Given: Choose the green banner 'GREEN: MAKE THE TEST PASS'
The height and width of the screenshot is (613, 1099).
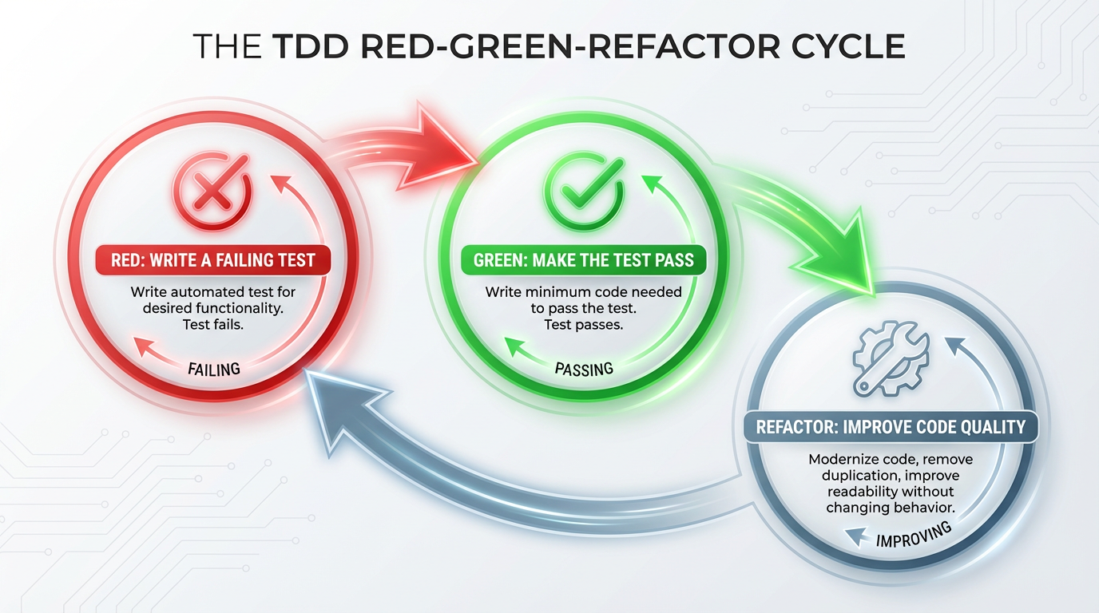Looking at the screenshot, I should [584, 259].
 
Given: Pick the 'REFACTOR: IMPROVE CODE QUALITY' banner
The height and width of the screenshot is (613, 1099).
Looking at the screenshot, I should [891, 426].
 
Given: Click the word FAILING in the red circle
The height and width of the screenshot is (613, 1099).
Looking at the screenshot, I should [213, 370].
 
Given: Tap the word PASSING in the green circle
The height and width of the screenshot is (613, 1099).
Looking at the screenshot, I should [583, 368].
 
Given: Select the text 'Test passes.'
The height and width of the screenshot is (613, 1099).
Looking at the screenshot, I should [583, 324].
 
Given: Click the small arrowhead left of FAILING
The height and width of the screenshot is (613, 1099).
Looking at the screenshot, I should [145, 346].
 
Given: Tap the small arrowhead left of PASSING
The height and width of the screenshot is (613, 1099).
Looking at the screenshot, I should [515, 346].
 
